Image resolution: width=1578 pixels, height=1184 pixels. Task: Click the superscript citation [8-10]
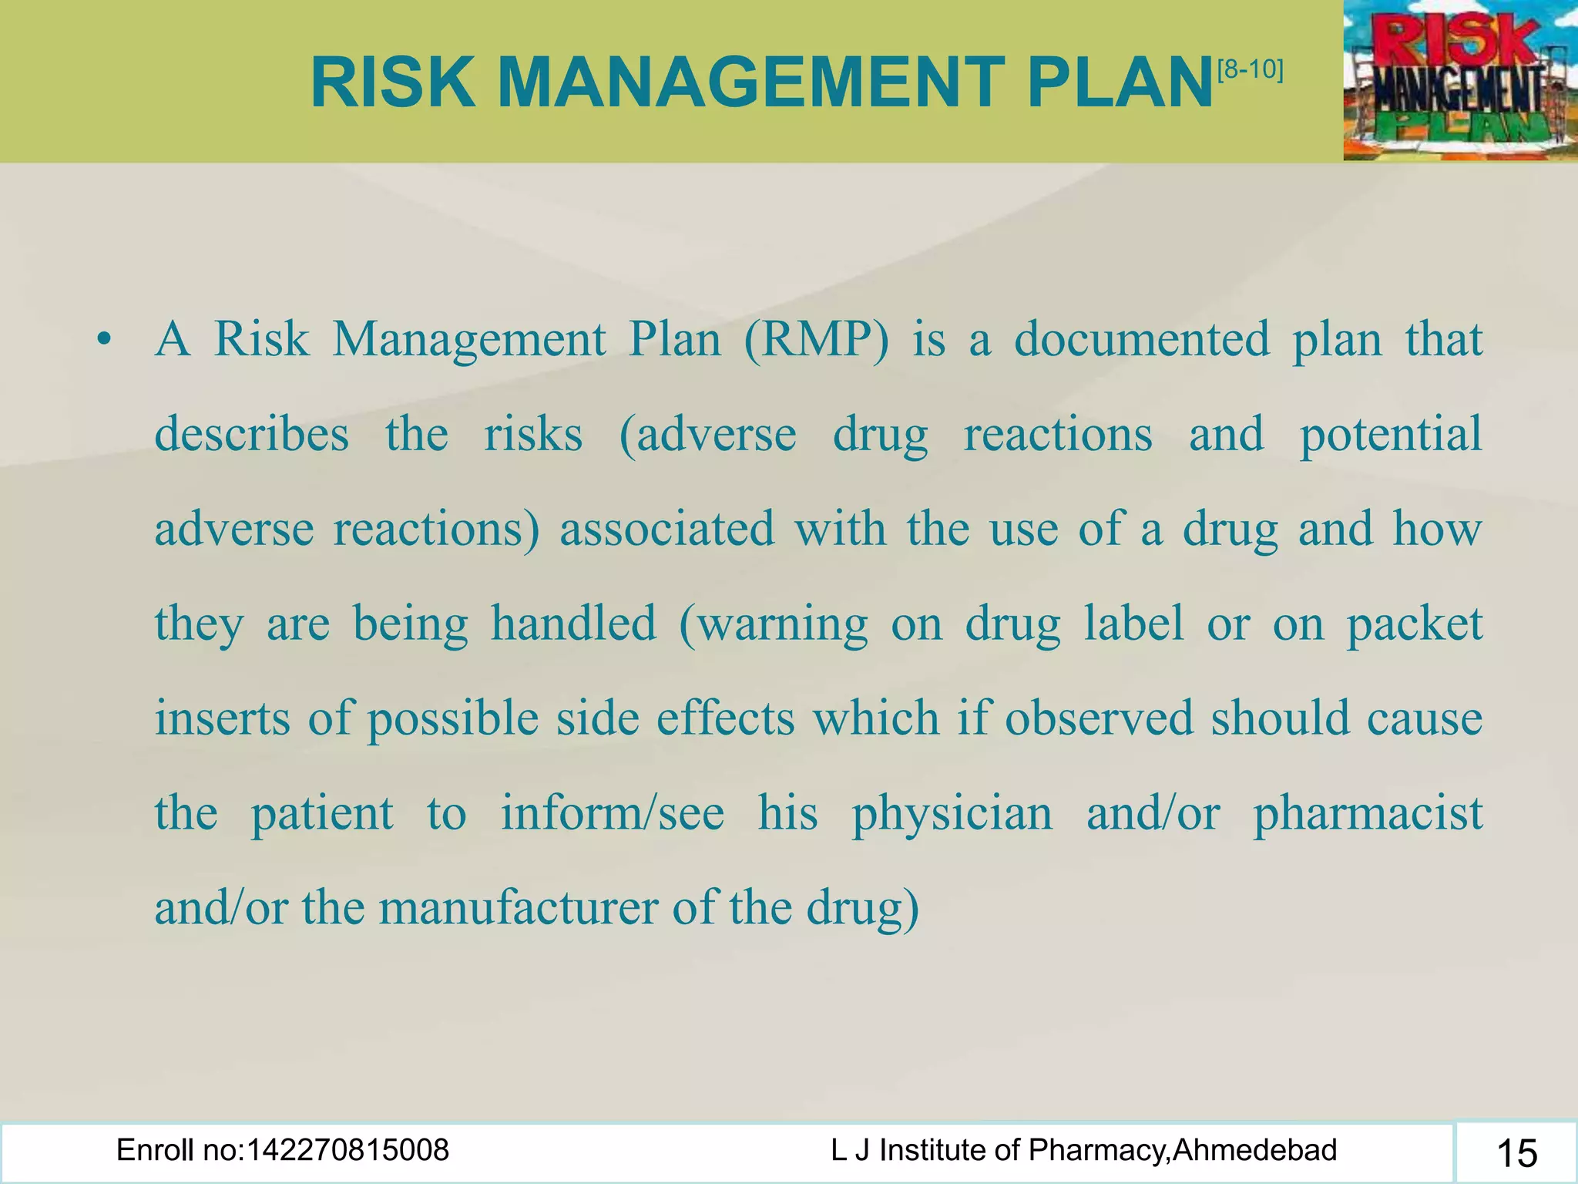click(1251, 70)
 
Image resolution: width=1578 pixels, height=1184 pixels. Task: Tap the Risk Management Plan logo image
click(1459, 80)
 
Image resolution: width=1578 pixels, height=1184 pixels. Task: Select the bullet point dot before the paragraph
click(105, 339)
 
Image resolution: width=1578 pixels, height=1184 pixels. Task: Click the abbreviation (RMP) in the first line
click(816, 339)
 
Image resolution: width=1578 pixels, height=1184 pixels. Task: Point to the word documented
click(1141, 339)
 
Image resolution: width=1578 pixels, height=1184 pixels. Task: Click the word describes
click(251, 434)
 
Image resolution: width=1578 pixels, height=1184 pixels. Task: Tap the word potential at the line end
click(1391, 434)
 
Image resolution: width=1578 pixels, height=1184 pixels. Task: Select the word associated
click(666, 529)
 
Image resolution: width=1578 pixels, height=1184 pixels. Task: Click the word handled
click(573, 624)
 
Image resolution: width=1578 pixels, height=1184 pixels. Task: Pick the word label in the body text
click(1133, 624)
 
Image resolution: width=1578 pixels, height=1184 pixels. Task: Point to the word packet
click(1415, 624)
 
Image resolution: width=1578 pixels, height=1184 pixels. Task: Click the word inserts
click(222, 718)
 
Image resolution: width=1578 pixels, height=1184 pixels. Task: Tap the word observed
click(1099, 718)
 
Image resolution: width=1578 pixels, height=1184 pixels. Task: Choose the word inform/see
click(613, 813)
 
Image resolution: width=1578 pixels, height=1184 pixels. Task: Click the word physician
click(952, 813)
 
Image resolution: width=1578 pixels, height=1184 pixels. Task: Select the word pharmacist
click(1368, 813)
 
